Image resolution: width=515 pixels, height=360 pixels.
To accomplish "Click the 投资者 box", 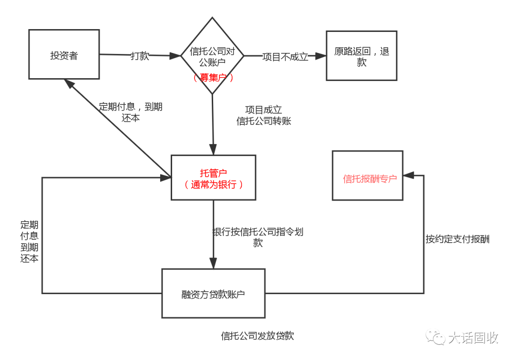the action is [64, 54].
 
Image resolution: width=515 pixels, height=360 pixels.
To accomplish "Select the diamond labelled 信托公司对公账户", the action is [212, 55].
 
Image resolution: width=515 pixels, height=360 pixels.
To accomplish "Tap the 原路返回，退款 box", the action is [361, 55].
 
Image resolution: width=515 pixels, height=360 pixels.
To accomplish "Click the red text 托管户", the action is [213, 173].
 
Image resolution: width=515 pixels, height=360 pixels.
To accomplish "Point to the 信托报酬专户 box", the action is [368, 175].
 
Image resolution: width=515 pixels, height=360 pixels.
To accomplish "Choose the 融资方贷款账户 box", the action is [214, 293].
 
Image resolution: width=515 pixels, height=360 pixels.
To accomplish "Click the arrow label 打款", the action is [140, 56].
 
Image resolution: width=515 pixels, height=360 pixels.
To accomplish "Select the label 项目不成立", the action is [285, 57].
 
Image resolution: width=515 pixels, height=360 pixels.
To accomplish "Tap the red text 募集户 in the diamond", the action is [213, 78].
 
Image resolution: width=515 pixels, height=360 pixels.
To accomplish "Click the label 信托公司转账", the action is [264, 121].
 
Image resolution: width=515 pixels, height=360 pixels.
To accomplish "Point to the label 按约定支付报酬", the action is [457, 239].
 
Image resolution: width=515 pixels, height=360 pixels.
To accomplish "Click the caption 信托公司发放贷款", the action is [257, 336].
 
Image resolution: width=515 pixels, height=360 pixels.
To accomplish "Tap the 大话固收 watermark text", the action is [474, 338].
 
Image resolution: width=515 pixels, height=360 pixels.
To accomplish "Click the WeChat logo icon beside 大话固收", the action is [435, 337].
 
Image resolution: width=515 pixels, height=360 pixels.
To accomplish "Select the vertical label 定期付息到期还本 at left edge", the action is [29, 241].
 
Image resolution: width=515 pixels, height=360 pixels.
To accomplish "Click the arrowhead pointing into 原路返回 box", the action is [320, 56].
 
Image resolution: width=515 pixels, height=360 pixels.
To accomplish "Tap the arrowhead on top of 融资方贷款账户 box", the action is [214, 263].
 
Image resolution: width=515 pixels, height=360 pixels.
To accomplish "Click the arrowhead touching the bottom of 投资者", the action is [69, 84].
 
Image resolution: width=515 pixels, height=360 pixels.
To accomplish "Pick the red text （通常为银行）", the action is [213, 184].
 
